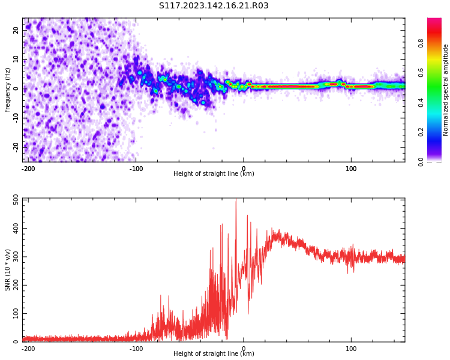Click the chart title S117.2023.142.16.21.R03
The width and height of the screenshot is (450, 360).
click(214, 6)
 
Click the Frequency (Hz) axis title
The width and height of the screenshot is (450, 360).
click(8, 90)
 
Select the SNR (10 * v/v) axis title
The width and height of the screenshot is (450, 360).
click(8, 270)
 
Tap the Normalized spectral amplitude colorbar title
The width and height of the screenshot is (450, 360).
click(446, 90)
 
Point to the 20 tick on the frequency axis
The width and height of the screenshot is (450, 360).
click(16, 31)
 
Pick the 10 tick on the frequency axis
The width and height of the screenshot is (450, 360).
click(16, 59)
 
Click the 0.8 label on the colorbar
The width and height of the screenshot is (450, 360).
click(421, 43)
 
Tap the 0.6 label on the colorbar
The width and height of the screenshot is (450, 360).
click(421, 73)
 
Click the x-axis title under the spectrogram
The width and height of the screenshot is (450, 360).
click(214, 174)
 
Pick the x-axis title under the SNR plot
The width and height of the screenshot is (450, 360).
click(214, 354)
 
